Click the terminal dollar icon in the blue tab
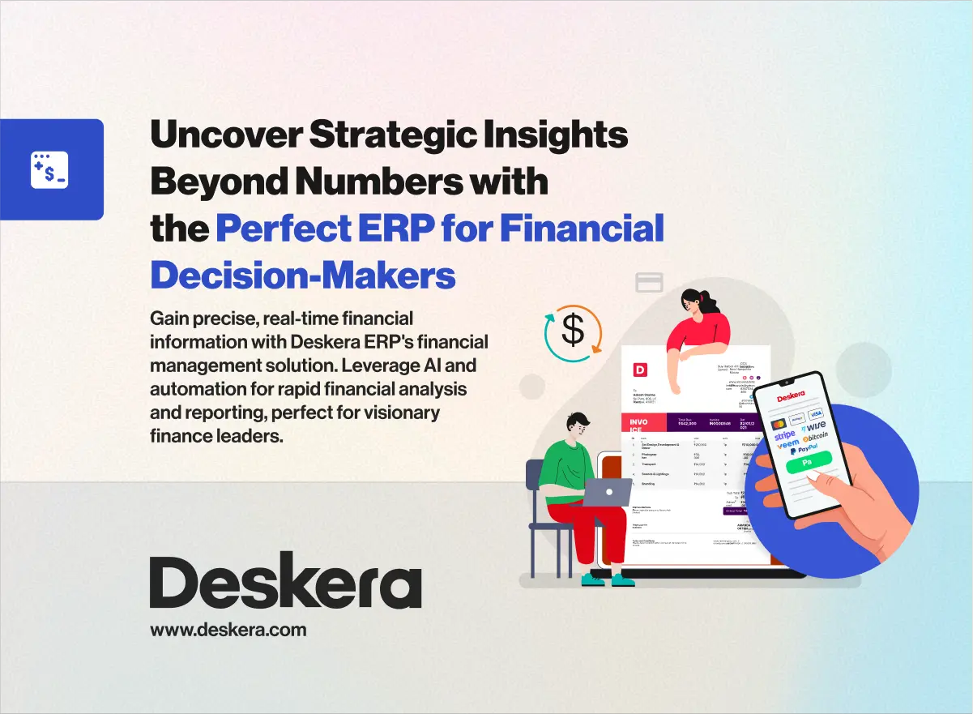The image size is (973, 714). click(x=49, y=170)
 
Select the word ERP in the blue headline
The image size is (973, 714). click(x=396, y=229)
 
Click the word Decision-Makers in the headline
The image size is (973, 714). click(x=303, y=276)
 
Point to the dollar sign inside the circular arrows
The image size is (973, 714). click(x=574, y=330)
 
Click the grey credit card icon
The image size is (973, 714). click(x=649, y=282)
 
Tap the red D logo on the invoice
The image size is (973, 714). click(x=640, y=370)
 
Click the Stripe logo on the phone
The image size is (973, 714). click(x=785, y=436)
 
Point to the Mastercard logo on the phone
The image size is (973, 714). click(x=779, y=423)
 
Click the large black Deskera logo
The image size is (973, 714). click(x=285, y=583)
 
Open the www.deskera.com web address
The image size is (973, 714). click(x=228, y=629)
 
